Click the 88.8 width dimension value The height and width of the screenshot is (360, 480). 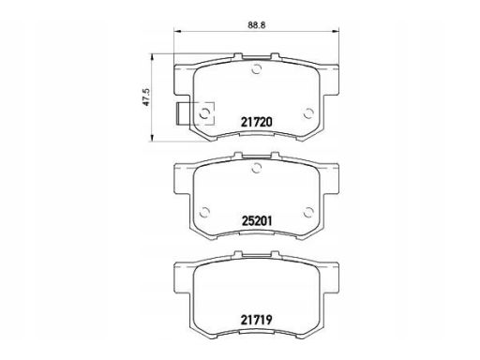click(257, 25)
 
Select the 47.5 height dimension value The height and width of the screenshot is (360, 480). click(146, 97)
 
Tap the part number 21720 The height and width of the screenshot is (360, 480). click(257, 122)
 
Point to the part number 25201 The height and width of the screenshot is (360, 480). click(257, 221)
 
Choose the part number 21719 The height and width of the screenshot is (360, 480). click(257, 320)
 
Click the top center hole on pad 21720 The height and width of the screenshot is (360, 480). click(256, 68)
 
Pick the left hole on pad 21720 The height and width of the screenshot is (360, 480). click(204, 113)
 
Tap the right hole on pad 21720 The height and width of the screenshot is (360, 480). click(308, 113)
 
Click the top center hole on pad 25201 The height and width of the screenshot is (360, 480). click(256, 168)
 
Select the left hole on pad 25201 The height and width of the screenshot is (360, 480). click(204, 213)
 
